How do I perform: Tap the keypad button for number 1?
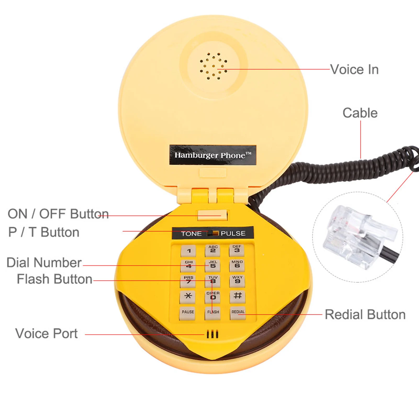pos(188,251)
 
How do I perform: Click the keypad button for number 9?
pos(237,281)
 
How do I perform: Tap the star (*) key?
pos(188,297)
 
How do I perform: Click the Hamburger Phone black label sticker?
pos(213,155)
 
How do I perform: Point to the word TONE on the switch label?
pos(191,233)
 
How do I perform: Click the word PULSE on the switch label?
pos(233,233)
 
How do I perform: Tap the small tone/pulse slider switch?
pos(213,233)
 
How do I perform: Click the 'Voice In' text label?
pos(354,70)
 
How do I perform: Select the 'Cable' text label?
pos(360,113)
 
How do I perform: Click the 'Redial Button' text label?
pos(365,315)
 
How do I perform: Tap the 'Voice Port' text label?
pos(46,333)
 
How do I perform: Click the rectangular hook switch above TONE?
pos(212,215)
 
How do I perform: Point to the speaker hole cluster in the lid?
pos(213,66)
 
